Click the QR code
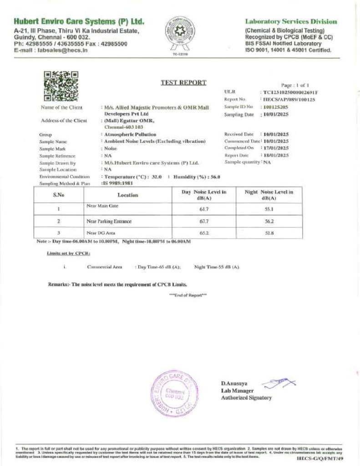click(61, 86)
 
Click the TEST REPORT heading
click(183, 82)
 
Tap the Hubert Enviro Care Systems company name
click(79, 22)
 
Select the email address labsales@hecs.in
click(64, 51)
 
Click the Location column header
click(127, 195)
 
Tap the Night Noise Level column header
click(269, 195)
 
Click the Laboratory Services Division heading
click(291, 21)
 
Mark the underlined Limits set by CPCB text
click(68, 253)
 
